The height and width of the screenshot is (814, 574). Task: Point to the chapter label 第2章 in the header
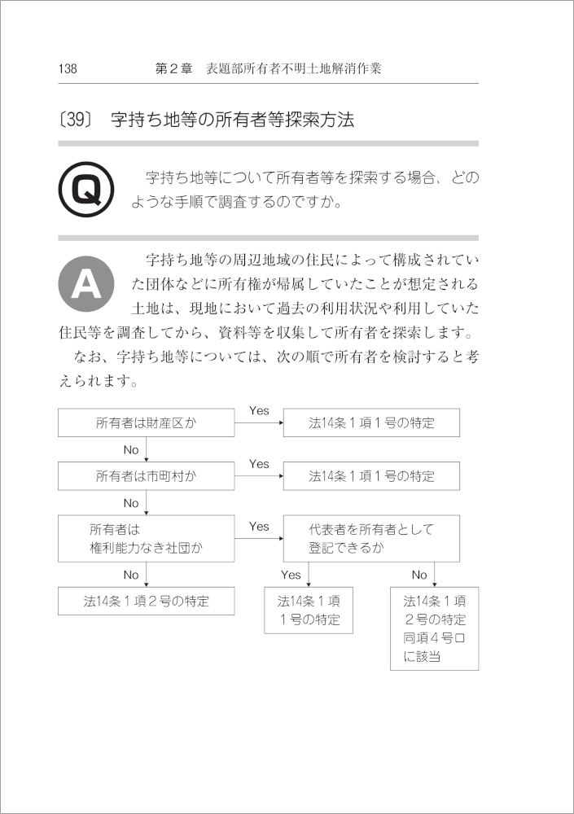point(173,69)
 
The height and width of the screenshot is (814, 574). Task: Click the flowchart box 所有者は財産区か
point(147,423)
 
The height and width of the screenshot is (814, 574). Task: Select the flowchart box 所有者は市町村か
point(147,476)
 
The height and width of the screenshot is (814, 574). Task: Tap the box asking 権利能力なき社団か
point(147,538)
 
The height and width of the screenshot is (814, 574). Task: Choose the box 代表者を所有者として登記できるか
point(371,538)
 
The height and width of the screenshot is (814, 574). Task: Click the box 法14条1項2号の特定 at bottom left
point(147,602)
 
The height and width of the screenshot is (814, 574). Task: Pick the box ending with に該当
point(434,628)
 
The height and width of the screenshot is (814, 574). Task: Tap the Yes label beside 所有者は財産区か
point(259,411)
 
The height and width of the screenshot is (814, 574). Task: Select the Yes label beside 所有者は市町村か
point(259,464)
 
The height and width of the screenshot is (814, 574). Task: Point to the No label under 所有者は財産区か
point(131,449)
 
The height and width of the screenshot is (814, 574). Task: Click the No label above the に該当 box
point(419,575)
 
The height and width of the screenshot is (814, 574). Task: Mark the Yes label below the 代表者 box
point(291,575)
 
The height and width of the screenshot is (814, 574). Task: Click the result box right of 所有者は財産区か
point(371,423)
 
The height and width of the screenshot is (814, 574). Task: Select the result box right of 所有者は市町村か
point(371,476)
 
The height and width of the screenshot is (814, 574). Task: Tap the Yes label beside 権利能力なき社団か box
point(259,527)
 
